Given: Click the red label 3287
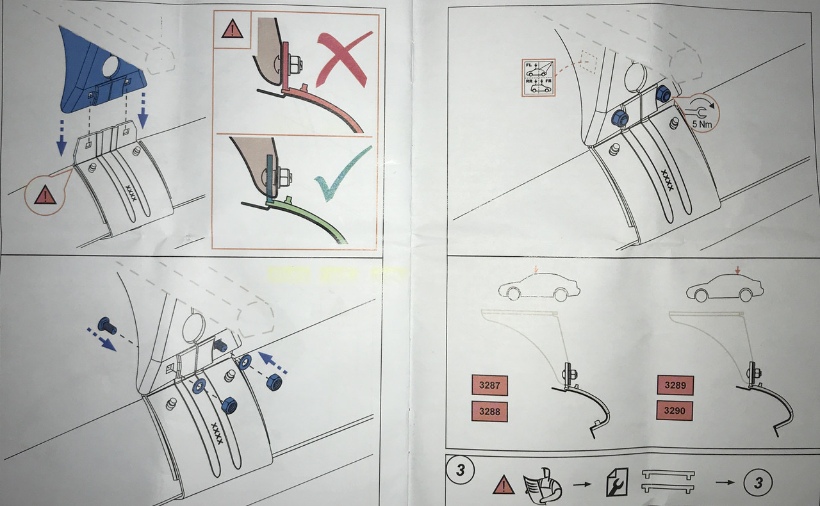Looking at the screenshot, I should click(489, 386).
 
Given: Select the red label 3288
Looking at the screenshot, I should click(489, 411).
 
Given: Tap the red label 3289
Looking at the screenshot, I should click(675, 386).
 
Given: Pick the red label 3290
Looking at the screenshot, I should click(675, 410).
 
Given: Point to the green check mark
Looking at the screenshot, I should click(343, 176).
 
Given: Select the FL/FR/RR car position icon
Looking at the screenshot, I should click(539, 77).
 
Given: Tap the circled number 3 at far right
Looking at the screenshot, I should click(758, 483).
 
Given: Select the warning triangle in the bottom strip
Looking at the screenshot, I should click(504, 486).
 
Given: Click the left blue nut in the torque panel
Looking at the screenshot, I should click(619, 118).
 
